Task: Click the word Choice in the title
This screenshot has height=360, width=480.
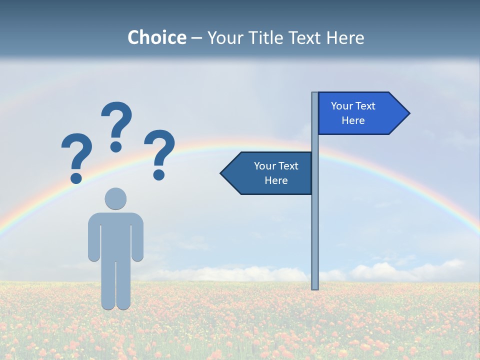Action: coord(156,37)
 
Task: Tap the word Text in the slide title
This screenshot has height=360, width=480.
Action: coord(307,37)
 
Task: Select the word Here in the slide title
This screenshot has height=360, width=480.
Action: coord(345,37)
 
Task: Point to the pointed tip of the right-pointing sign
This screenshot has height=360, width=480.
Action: coord(408,113)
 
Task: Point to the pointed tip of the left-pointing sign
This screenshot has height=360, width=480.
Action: coord(222,173)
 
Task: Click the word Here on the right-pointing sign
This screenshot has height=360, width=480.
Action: coord(353,120)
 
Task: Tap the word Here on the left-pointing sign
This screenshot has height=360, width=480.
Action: coord(276,180)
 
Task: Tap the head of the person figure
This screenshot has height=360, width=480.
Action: coord(115,198)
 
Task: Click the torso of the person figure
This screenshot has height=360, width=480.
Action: coord(115,235)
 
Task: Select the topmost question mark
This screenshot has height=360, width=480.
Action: coord(117,122)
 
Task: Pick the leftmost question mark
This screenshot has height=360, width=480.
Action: coord(76,155)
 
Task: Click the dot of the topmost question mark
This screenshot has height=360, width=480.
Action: coord(116,146)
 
